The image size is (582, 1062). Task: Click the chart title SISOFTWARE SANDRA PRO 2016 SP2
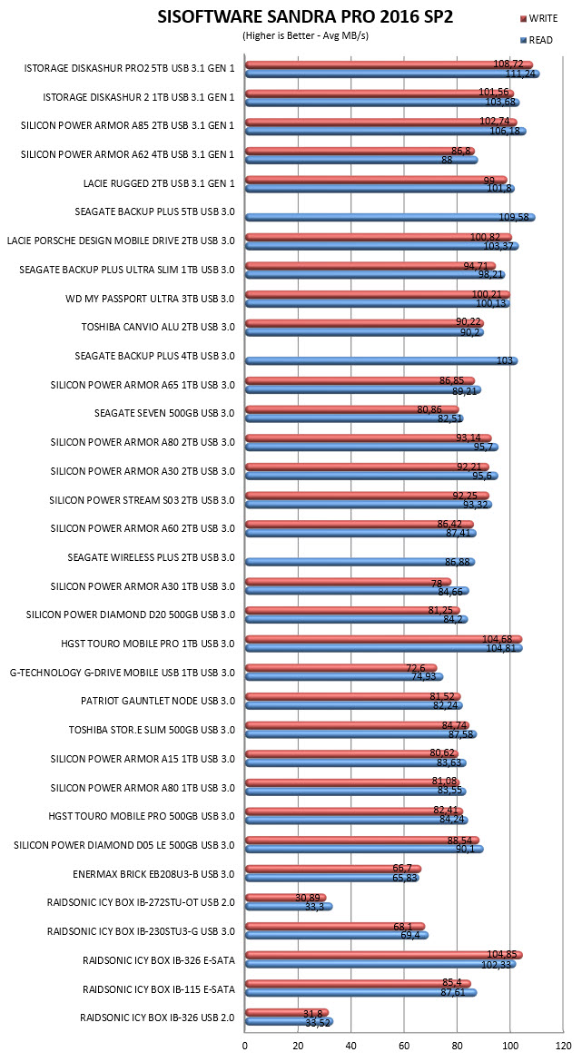306,17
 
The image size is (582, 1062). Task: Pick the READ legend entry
536,40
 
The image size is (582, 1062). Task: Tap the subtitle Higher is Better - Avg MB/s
305,36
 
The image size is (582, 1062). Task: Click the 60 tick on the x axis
404,1045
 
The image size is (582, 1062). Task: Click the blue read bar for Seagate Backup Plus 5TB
390,218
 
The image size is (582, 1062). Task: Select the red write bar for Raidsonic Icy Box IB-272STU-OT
286,898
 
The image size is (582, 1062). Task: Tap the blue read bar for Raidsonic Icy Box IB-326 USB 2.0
290,1021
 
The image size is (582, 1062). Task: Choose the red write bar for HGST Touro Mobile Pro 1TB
383,639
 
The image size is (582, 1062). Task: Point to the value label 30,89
308,898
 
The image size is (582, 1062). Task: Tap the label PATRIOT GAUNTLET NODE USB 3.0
158,701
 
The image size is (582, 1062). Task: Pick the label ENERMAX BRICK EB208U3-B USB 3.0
153,874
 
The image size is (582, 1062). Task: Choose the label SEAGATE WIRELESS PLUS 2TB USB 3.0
151,557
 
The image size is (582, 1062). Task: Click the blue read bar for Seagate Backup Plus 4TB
381,361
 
